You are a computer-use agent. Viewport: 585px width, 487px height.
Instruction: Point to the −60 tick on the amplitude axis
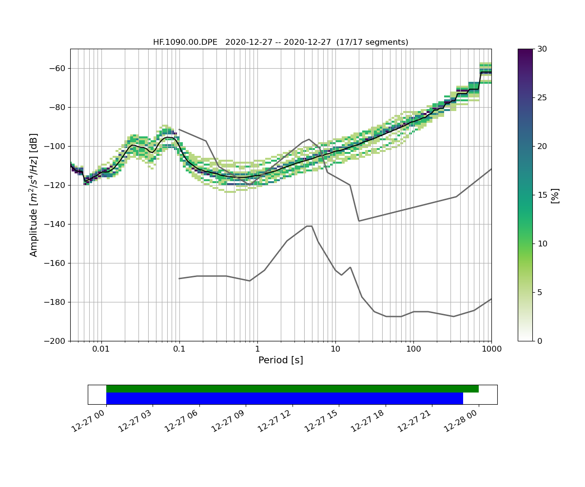pos(57,68)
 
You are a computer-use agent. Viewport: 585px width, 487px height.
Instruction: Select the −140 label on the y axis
pos(55,224)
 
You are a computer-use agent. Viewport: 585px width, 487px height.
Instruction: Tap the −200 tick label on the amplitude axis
pos(55,341)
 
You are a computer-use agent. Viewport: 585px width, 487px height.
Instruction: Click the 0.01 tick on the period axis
pos(101,349)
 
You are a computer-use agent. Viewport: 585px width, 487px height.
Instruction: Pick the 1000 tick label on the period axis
pos(491,349)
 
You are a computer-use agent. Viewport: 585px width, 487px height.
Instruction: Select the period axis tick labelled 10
pos(335,349)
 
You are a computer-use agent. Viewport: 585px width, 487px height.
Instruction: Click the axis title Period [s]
pos(280,360)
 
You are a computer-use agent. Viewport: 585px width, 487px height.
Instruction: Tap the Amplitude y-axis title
pos(34,195)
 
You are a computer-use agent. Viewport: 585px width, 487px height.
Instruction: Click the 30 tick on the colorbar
pos(541,49)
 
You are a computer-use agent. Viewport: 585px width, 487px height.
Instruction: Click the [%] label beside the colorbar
pos(555,195)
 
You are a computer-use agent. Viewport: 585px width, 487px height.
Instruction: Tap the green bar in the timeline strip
pos(292,389)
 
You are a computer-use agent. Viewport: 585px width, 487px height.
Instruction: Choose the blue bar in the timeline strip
pos(284,398)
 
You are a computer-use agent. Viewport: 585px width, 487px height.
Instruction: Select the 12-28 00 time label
pos(460,420)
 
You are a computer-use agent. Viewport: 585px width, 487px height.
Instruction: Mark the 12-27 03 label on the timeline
pos(135,420)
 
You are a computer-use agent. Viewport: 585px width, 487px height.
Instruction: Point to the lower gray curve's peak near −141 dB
pos(309,226)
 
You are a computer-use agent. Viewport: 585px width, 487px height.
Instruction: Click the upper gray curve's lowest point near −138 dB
pos(359,221)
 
